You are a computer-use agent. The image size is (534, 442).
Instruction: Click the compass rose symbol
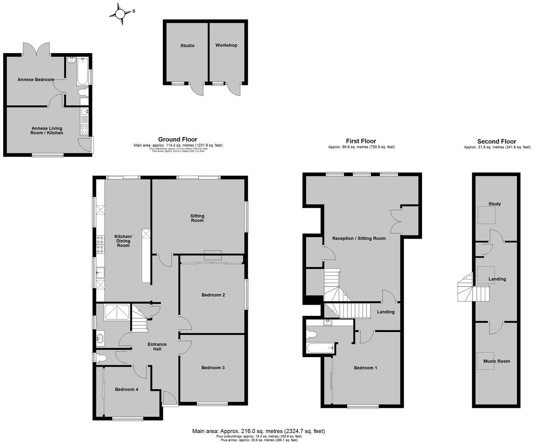(x=120, y=14)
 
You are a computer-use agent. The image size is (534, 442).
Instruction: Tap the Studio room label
(x=187, y=46)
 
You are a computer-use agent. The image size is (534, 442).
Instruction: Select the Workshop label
(x=226, y=45)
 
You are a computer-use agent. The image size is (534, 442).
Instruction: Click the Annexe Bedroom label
(x=35, y=80)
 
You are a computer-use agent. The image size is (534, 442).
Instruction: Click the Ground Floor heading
(x=178, y=140)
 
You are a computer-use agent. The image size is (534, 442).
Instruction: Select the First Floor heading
(x=361, y=141)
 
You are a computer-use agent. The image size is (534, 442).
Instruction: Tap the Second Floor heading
(x=496, y=141)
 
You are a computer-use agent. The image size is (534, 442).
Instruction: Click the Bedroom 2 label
(x=213, y=295)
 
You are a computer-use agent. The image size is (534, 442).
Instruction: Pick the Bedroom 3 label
(x=213, y=368)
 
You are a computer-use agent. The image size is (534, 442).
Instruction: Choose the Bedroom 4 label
(x=127, y=390)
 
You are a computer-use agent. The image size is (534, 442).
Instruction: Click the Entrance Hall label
(x=157, y=347)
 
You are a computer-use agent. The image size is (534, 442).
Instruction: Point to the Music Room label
(x=496, y=361)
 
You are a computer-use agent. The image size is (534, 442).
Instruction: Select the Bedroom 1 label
(x=365, y=368)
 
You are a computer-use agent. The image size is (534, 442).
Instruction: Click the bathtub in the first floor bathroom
(x=321, y=348)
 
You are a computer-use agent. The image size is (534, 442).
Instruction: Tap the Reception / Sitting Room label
(x=359, y=238)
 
